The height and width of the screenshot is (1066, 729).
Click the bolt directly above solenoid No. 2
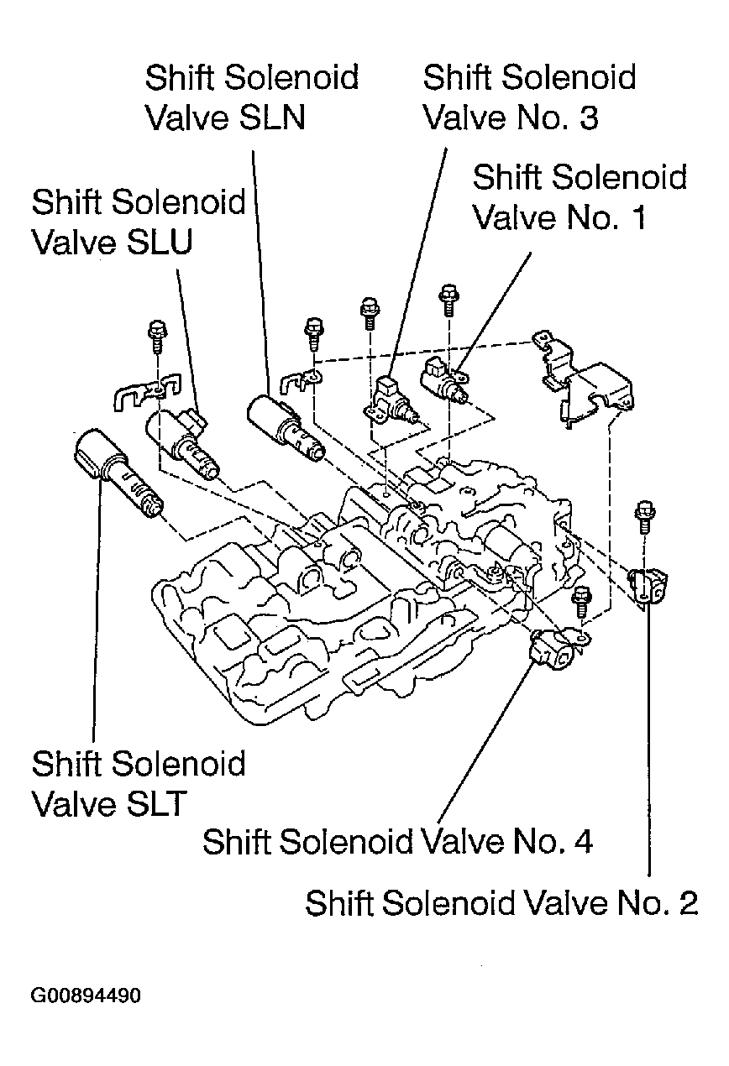point(645,515)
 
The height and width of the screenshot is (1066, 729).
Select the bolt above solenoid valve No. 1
point(448,298)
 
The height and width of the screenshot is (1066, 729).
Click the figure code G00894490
point(86,996)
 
